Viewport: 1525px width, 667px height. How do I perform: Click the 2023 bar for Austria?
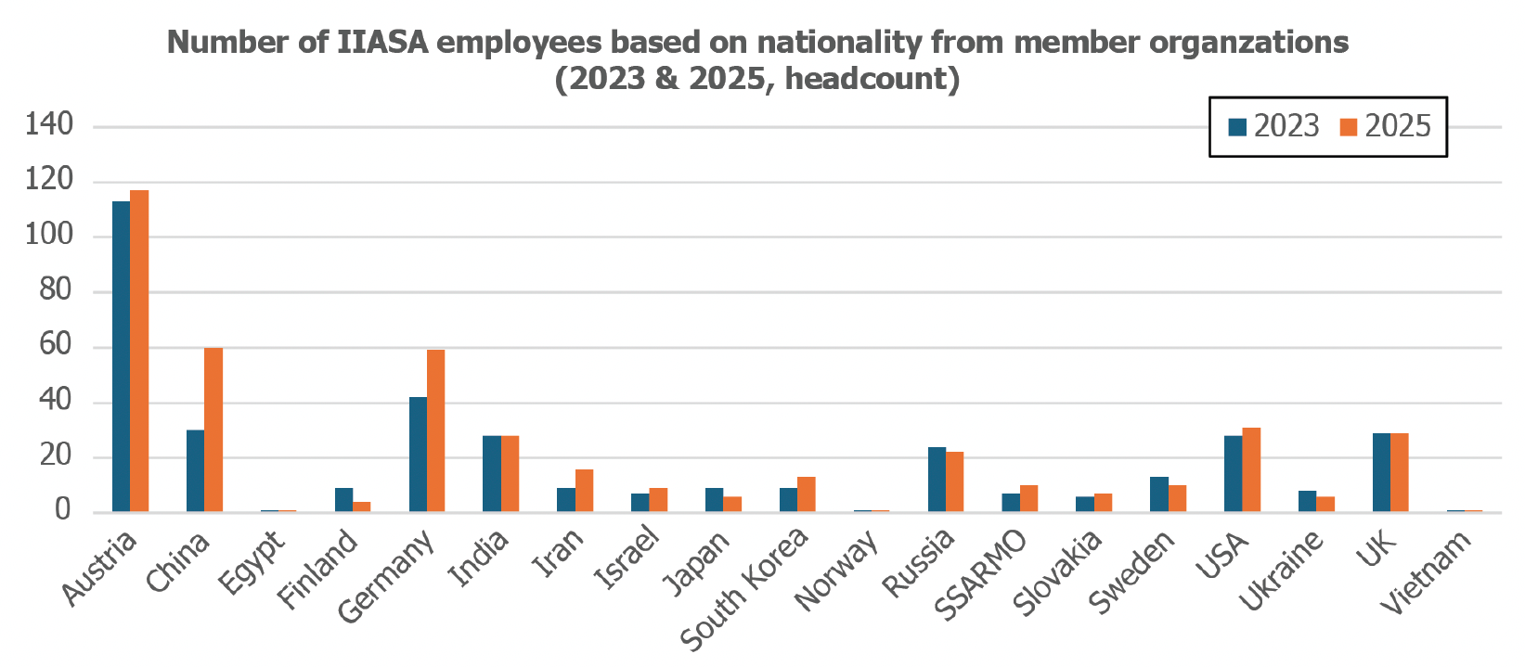(x=122, y=356)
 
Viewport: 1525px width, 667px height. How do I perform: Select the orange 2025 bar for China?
(x=213, y=430)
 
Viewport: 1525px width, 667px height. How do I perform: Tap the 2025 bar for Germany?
(x=435, y=430)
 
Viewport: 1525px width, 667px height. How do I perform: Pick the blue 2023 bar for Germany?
(x=418, y=454)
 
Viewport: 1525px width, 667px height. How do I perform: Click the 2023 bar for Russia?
(x=937, y=480)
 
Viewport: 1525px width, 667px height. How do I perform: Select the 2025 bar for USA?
(x=1251, y=469)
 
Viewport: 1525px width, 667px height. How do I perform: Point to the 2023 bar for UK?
(x=1381, y=472)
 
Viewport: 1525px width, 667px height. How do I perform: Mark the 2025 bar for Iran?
(x=584, y=490)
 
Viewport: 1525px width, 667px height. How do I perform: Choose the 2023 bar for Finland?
(x=343, y=500)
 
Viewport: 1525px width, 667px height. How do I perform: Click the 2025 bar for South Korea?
(x=807, y=494)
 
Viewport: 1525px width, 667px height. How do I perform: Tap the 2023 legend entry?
(x=1273, y=126)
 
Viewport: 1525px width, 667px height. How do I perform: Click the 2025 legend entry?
(x=1386, y=126)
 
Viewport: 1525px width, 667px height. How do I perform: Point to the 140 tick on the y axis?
(x=49, y=124)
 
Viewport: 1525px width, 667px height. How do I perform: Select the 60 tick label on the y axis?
(x=56, y=345)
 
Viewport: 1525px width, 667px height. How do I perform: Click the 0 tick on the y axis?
(x=63, y=510)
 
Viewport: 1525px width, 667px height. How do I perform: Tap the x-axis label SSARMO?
(x=980, y=574)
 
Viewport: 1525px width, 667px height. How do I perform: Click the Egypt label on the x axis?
(x=252, y=561)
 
